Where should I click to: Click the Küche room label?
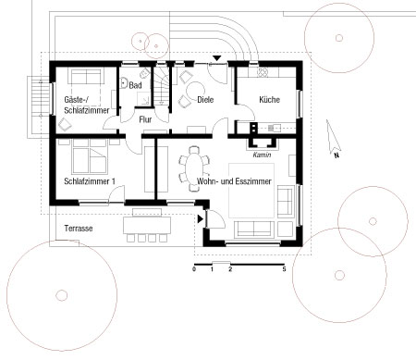[x=269, y=100]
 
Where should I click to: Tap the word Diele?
[x=205, y=100]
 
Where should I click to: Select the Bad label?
[x=135, y=85]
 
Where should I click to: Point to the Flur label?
[x=145, y=119]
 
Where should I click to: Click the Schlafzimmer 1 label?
[x=90, y=181]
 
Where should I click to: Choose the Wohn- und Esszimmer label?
[x=234, y=181]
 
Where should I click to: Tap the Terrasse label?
[x=79, y=229]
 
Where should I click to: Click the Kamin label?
[x=262, y=155]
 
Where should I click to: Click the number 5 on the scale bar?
[x=284, y=269]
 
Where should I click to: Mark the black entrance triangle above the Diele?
[x=217, y=58]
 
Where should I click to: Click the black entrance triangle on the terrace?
[x=201, y=219]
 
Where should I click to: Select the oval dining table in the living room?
[x=194, y=168]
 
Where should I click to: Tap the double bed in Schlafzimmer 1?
[x=90, y=155]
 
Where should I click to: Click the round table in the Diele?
[x=196, y=90]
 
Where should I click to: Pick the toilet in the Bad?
[x=144, y=74]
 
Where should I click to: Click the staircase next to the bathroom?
[x=162, y=87]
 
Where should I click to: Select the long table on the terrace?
[x=147, y=225]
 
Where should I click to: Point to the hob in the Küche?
[x=263, y=72]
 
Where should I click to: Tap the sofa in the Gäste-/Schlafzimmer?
[x=87, y=77]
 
